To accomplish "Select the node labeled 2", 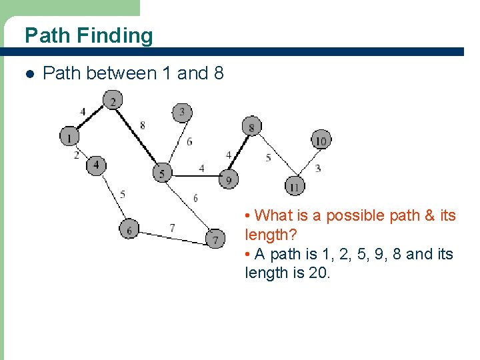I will (x=113, y=101).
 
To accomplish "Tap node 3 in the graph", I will (x=182, y=112).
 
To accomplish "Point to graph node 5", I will (x=162, y=173).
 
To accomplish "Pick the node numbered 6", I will (x=129, y=229).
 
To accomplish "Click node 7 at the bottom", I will (x=215, y=239).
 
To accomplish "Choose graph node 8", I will (x=251, y=127).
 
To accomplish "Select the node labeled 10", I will (x=321, y=140).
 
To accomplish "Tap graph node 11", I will (x=294, y=185).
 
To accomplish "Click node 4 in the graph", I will (x=96, y=165).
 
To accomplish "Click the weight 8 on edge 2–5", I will (x=143, y=125).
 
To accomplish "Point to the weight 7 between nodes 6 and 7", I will (x=172, y=227).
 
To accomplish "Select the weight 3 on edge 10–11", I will (x=318, y=168).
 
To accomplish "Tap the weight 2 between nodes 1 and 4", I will (x=77, y=155).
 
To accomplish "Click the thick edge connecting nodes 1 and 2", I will (x=91, y=119).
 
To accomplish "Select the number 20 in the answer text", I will (x=317, y=273).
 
